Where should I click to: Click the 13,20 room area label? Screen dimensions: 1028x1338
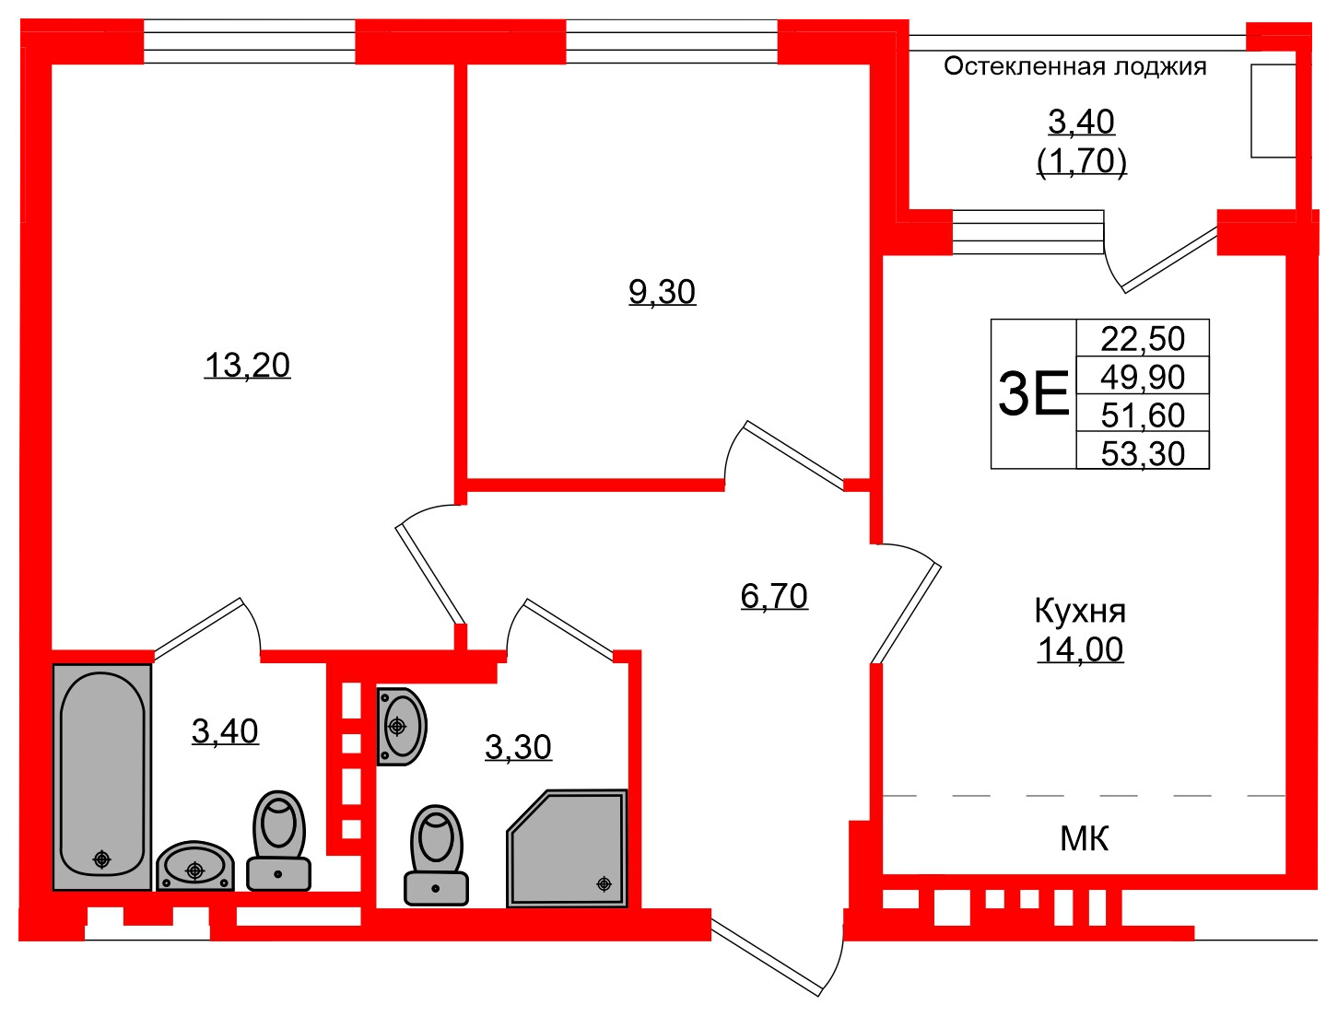(x=247, y=366)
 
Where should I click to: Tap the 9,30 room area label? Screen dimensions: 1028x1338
(x=662, y=292)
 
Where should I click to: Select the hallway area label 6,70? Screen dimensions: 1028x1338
(x=774, y=596)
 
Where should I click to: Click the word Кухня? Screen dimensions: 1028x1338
(x=1080, y=611)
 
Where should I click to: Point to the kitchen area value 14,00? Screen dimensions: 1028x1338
(x=1080, y=649)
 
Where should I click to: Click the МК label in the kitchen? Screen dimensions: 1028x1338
(x=1085, y=838)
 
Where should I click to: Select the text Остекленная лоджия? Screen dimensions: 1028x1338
(x=1074, y=66)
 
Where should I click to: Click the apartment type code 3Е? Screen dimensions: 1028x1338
(x=1033, y=393)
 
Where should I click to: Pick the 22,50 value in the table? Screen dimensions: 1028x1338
(x=1143, y=338)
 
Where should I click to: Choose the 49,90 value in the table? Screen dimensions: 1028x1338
(x=1143, y=377)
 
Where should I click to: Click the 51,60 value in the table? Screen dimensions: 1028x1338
(x=1143, y=415)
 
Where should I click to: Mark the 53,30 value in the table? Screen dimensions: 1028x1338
(x=1143, y=453)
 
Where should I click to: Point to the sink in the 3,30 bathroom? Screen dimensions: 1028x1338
(x=401, y=726)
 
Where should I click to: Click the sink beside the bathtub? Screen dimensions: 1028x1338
(x=194, y=867)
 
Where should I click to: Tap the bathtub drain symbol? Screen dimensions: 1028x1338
(x=101, y=859)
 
